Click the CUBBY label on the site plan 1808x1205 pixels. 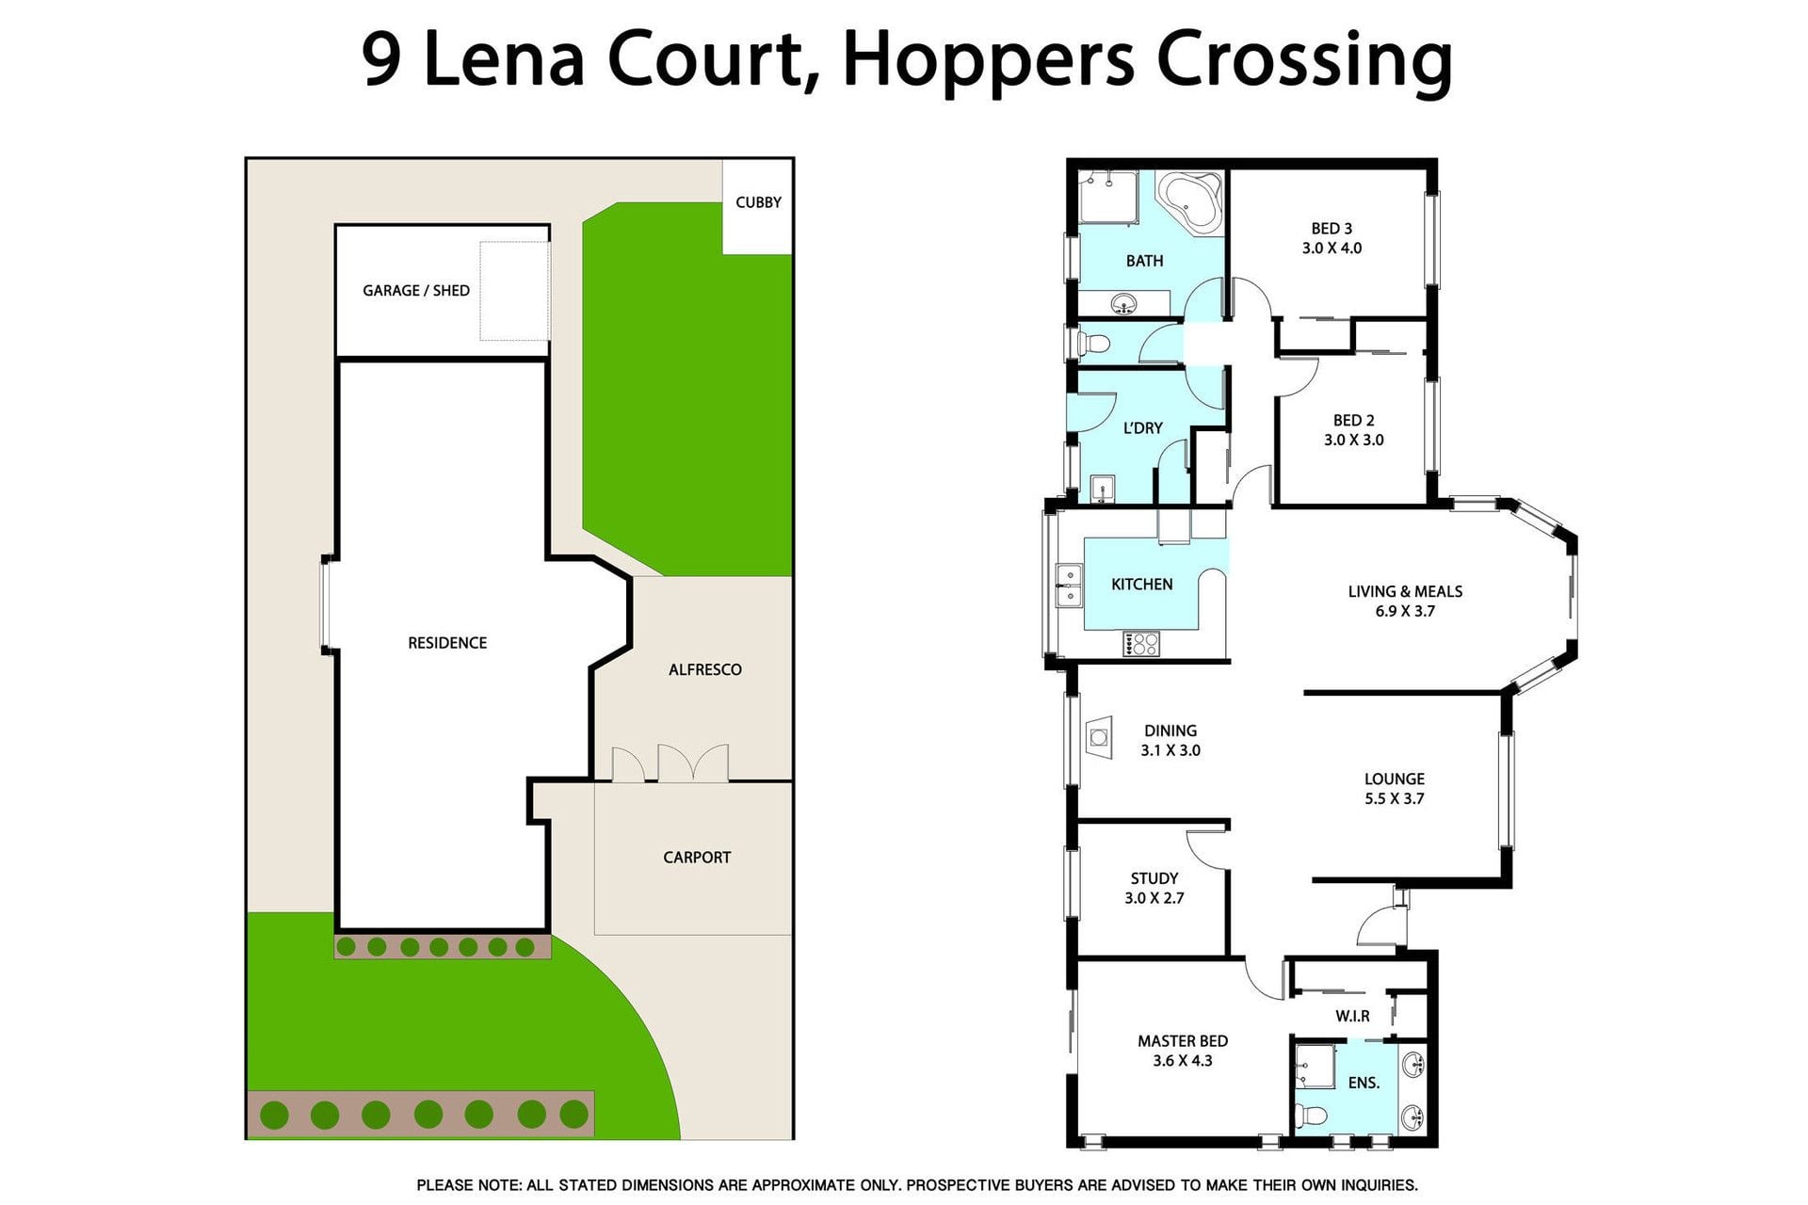(758, 202)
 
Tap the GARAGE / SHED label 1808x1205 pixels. (416, 291)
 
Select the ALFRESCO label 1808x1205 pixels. (705, 670)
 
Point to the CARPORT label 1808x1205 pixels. (697, 858)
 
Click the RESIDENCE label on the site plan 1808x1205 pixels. (447, 643)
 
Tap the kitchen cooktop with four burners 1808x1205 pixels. (1141, 644)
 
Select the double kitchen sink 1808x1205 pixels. (1069, 586)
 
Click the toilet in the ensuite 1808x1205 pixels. (1309, 1116)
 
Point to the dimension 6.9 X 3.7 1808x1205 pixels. (1405, 611)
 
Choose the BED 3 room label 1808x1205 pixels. (1332, 229)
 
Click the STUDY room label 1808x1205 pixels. (1154, 878)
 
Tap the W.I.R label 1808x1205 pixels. (1352, 1017)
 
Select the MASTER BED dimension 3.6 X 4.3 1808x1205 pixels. (1183, 1061)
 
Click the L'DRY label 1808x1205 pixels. (1143, 428)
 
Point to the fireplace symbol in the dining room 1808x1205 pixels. (1099, 737)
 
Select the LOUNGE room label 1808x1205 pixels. (1395, 779)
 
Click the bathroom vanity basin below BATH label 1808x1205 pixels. (1123, 304)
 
